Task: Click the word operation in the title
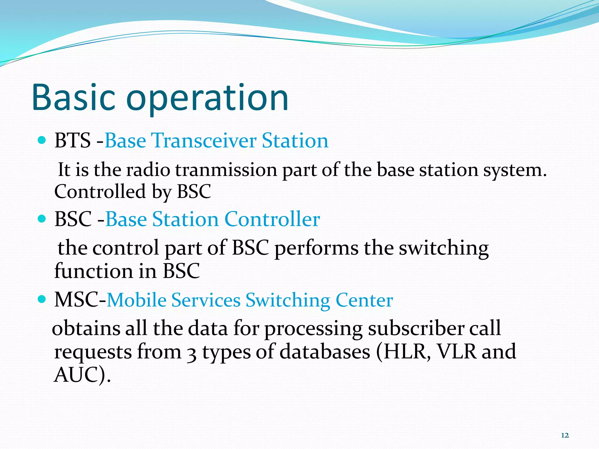point(208,99)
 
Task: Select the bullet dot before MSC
point(42,299)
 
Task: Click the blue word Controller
point(272,219)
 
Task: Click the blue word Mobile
point(137,300)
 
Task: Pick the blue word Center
point(364,300)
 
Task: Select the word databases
point(325,351)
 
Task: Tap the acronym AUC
point(76,375)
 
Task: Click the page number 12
point(565,436)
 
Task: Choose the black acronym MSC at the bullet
point(77,300)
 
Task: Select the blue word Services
point(206,300)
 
